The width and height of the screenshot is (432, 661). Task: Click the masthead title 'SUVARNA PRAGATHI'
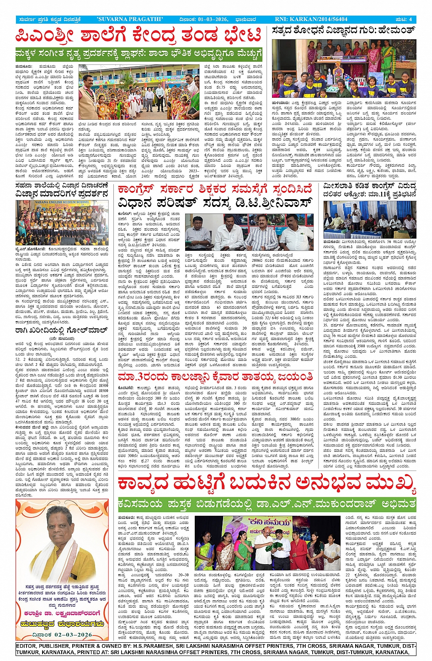click(130, 19)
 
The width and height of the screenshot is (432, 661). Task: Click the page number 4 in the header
click(411, 19)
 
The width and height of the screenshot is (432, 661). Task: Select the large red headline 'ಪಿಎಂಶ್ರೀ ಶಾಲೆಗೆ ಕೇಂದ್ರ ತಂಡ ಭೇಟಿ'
click(138, 36)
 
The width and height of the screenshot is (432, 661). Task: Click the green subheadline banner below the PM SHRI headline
click(139, 54)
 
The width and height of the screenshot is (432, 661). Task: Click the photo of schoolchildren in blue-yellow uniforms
click(344, 69)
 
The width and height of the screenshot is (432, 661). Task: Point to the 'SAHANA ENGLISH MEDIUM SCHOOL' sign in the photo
click(60, 202)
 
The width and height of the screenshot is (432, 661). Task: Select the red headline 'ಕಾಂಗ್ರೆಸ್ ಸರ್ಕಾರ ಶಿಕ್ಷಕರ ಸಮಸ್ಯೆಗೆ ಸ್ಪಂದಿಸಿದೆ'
click(215, 189)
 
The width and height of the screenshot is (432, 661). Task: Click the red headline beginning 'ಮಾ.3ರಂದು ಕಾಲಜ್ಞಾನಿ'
click(215, 377)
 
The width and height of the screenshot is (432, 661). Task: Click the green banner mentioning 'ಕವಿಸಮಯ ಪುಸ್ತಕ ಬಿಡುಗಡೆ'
click(266, 504)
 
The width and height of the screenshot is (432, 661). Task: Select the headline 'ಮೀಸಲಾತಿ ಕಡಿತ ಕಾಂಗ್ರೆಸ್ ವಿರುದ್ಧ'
click(369, 186)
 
